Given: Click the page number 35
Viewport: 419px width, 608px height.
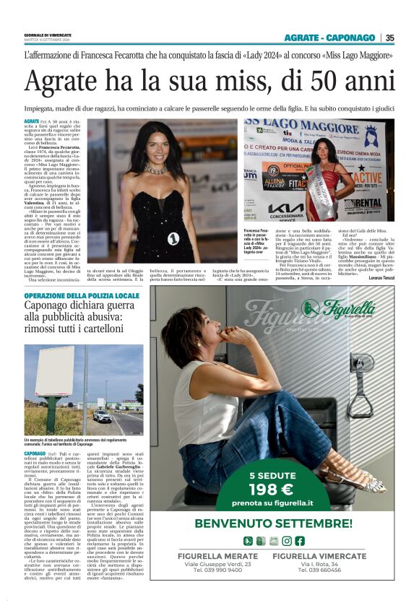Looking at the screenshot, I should point(389,38).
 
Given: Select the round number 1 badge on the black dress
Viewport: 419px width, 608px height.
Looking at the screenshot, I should point(173,238).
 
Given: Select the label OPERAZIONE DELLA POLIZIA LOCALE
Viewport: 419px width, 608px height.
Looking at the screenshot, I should point(72,296).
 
